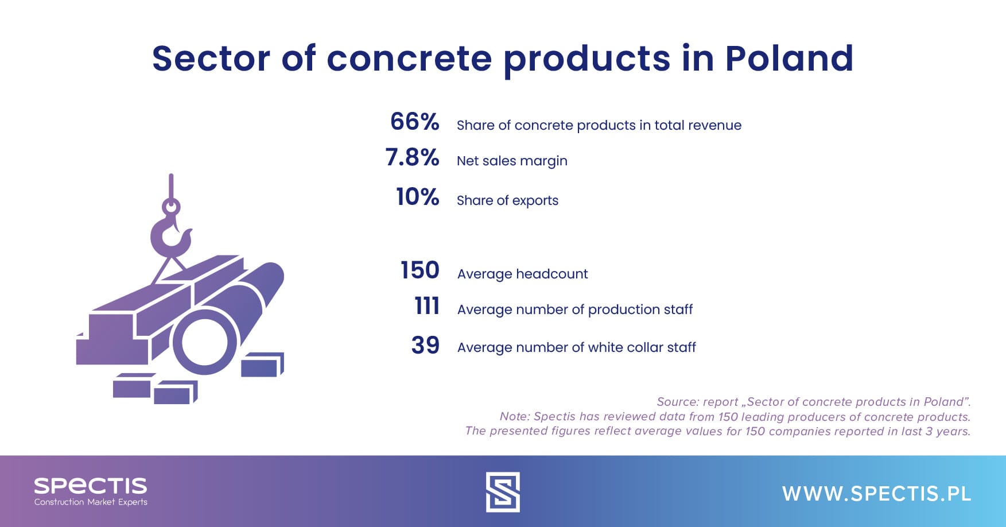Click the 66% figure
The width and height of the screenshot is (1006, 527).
(x=414, y=122)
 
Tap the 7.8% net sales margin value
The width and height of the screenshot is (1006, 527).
(x=412, y=157)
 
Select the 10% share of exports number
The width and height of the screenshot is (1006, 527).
(x=417, y=197)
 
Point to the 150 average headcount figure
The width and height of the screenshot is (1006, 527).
(x=420, y=270)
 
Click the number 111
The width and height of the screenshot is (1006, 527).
(x=427, y=306)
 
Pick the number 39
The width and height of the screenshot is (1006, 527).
(x=425, y=345)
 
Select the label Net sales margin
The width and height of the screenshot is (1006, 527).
(x=512, y=161)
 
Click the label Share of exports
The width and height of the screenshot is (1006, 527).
(x=507, y=200)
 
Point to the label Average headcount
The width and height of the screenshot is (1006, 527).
(x=522, y=274)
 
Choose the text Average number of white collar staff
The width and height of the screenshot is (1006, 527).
(x=576, y=347)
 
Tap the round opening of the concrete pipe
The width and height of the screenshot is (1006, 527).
(x=204, y=343)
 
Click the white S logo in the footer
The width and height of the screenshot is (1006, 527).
(x=503, y=492)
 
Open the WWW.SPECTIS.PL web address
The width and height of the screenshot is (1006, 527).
(x=876, y=494)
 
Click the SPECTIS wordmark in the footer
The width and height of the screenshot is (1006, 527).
(x=91, y=486)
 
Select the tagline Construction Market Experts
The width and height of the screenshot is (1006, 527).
(x=91, y=502)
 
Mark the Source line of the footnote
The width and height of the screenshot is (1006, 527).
(x=813, y=402)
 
